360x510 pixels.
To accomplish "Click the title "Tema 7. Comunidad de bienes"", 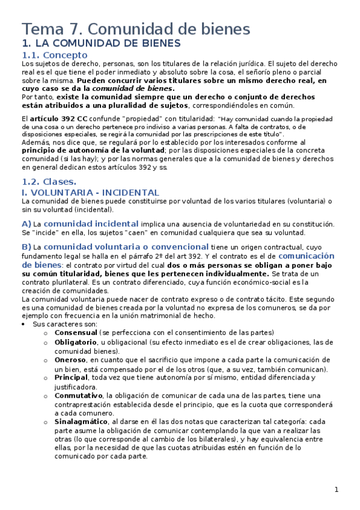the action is point(136,28).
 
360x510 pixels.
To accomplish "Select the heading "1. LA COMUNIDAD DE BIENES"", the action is point(101,43).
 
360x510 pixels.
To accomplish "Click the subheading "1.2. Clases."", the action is point(49,181).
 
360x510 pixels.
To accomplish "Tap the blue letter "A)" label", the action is point(26,224).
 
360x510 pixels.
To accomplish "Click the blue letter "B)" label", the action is point(26,247).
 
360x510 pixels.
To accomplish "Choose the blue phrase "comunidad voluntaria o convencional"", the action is point(126,247).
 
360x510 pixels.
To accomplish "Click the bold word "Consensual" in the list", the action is point(76,333).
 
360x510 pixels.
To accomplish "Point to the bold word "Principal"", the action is point(71,378).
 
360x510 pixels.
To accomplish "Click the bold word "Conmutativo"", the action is point(78,395).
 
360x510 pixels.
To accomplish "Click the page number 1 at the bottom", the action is point(337,490).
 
